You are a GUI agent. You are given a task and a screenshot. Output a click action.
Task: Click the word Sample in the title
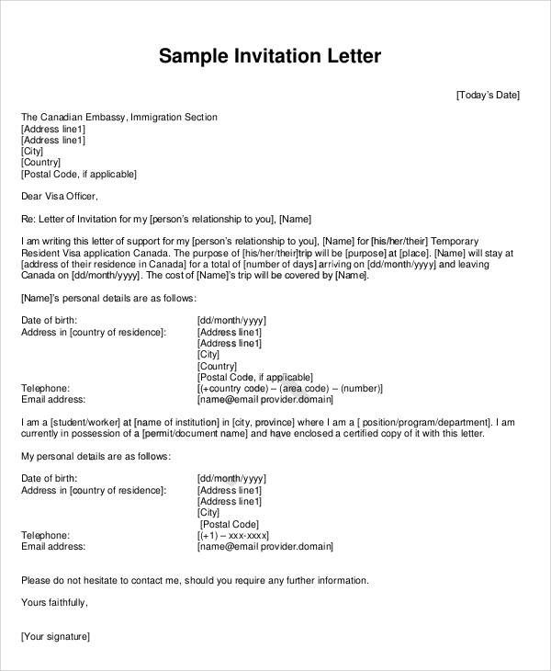[191, 57]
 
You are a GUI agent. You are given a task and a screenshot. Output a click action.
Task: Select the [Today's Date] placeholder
[488, 95]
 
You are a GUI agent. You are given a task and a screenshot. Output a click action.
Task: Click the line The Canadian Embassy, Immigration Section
[119, 118]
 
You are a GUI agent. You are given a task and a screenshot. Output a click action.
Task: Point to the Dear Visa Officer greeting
[58, 196]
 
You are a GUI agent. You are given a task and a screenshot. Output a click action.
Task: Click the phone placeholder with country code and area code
[289, 389]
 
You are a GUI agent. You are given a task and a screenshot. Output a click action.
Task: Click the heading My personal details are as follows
[95, 456]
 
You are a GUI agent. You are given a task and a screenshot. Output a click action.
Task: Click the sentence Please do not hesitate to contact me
[194, 580]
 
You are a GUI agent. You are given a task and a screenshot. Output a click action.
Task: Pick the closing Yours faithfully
[54, 602]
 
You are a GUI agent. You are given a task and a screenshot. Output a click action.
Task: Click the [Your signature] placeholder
[55, 636]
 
